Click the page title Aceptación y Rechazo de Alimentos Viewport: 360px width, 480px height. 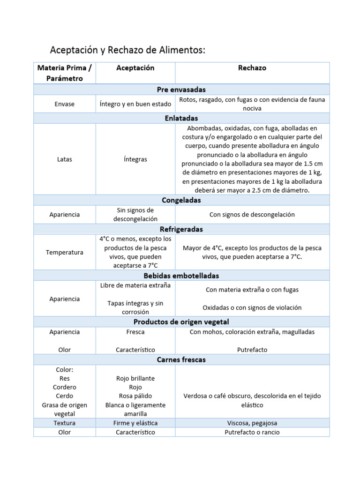127,50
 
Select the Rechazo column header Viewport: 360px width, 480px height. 252,68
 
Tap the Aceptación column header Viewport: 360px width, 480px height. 135,68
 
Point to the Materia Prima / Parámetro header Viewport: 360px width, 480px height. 65,73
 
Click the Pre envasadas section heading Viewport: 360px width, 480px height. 181,90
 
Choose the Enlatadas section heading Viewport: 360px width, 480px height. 181,118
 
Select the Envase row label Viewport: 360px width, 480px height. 65,104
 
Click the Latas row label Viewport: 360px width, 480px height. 65,159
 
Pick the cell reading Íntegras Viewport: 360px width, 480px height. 135,159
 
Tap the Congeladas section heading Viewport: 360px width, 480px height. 181,200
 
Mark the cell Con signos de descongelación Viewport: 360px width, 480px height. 252,215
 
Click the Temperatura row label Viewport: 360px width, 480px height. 65,253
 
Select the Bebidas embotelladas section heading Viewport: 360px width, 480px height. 181,276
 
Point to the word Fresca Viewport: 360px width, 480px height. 135,332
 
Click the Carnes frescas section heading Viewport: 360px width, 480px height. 181,360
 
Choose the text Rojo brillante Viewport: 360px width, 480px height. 135,378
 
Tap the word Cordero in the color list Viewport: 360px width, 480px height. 65,387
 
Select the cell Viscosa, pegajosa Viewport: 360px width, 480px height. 252,423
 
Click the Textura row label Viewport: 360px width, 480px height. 65,423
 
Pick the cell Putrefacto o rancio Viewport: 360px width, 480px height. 252,432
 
